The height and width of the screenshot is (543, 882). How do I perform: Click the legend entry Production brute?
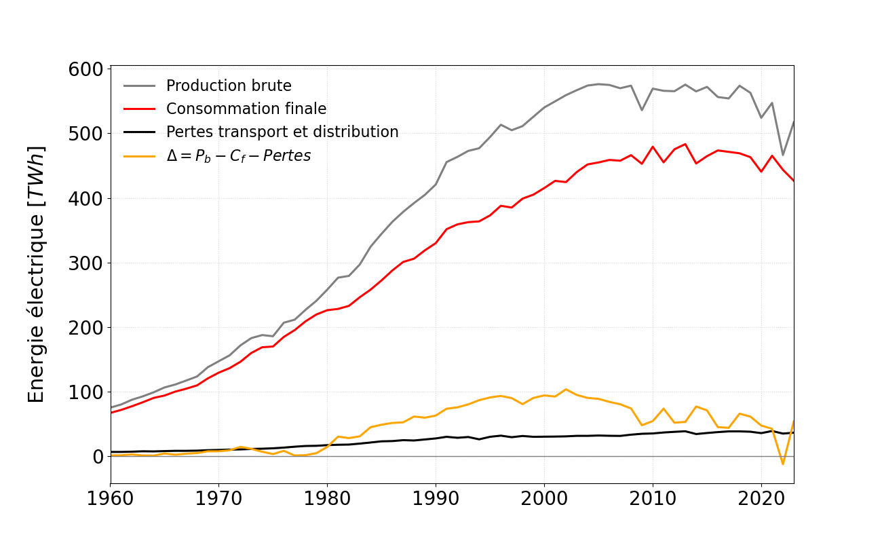tap(229, 86)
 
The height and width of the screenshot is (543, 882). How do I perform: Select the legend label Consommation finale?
tap(246, 109)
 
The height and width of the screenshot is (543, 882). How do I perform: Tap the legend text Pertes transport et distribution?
tap(282, 132)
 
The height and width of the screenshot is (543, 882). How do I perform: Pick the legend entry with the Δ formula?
tap(238, 155)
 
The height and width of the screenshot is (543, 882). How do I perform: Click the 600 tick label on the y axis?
tap(85, 69)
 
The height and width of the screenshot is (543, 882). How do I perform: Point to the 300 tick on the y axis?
tap(85, 263)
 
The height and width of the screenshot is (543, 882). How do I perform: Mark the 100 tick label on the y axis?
tap(85, 392)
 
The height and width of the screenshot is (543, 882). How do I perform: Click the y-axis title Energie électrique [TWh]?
tap(37, 274)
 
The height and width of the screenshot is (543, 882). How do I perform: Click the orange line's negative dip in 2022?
tap(783, 464)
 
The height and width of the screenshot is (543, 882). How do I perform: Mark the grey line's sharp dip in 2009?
tap(642, 110)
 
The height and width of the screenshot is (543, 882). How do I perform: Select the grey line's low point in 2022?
tap(783, 155)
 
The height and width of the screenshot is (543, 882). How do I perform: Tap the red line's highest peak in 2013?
tap(685, 144)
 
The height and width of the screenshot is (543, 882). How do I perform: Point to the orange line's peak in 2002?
tap(566, 390)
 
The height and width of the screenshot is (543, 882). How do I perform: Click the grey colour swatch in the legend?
tap(140, 86)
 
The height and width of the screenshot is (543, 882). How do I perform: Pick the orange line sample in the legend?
tap(140, 155)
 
